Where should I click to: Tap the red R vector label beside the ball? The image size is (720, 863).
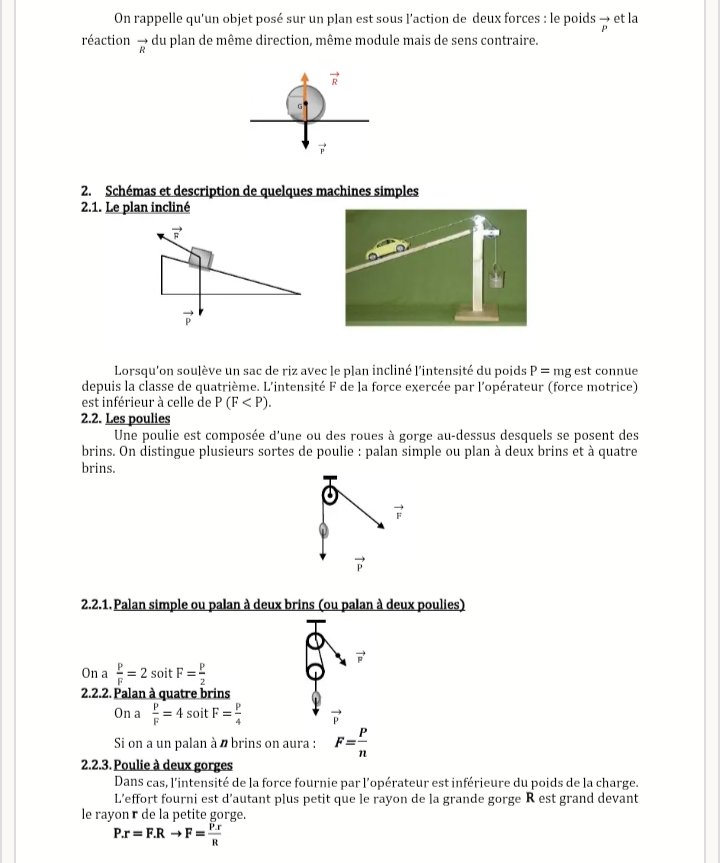coord(334,81)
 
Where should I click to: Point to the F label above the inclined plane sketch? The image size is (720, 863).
coord(177,231)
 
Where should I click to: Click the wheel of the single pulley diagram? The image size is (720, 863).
coord(326,495)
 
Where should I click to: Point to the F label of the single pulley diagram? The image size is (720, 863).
coord(398,512)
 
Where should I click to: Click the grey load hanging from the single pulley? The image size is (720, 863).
coord(322,530)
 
